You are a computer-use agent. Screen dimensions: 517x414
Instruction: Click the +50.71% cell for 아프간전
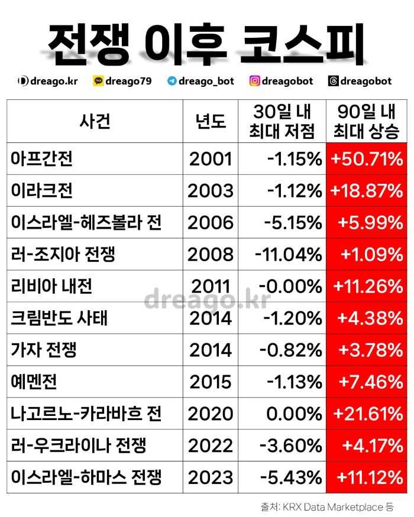pyautogui.click(x=367, y=159)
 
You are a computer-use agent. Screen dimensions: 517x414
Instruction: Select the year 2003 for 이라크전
pyautogui.click(x=211, y=191)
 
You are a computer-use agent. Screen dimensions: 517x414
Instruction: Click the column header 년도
pyautogui.click(x=211, y=121)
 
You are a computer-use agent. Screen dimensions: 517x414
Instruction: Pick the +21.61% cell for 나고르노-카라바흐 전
pyautogui.click(x=367, y=414)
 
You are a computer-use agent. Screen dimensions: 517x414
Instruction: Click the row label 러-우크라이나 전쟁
pyautogui.click(x=78, y=445)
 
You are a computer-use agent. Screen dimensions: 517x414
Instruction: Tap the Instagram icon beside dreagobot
pyautogui.click(x=255, y=81)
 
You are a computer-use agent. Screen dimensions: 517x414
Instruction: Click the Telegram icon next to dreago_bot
pyautogui.click(x=172, y=81)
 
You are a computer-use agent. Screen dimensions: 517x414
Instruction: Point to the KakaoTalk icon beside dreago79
pyautogui.click(x=98, y=81)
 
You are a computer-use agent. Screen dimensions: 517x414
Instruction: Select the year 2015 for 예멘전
pyautogui.click(x=211, y=382)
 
